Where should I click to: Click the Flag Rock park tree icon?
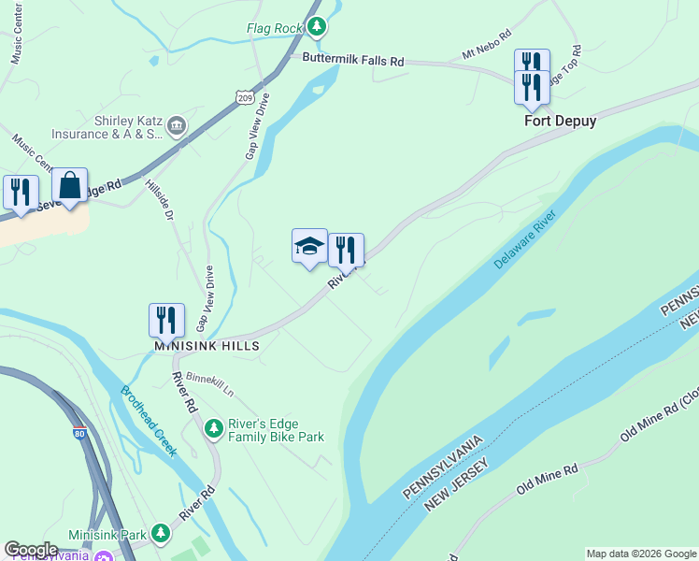coord(318,27)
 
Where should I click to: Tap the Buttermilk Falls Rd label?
coord(352,59)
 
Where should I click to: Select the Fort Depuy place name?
coord(560,121)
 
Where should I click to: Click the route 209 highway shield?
coord(244,96)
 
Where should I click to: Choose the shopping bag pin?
coord(70,185)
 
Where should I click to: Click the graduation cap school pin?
coord(309,246)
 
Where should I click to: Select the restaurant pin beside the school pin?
coord(346,251)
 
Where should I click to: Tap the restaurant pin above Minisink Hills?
coord(166,320)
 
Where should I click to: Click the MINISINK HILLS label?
coord(207,345)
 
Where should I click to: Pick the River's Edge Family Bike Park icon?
coord(214,428)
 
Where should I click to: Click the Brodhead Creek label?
coord(148,421)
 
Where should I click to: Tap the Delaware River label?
coord(525,240)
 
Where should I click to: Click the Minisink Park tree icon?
coord(161,534)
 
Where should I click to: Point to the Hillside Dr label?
coord(160,200)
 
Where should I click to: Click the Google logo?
coord(31,550)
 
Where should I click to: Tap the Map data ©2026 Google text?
coord(641,554)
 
